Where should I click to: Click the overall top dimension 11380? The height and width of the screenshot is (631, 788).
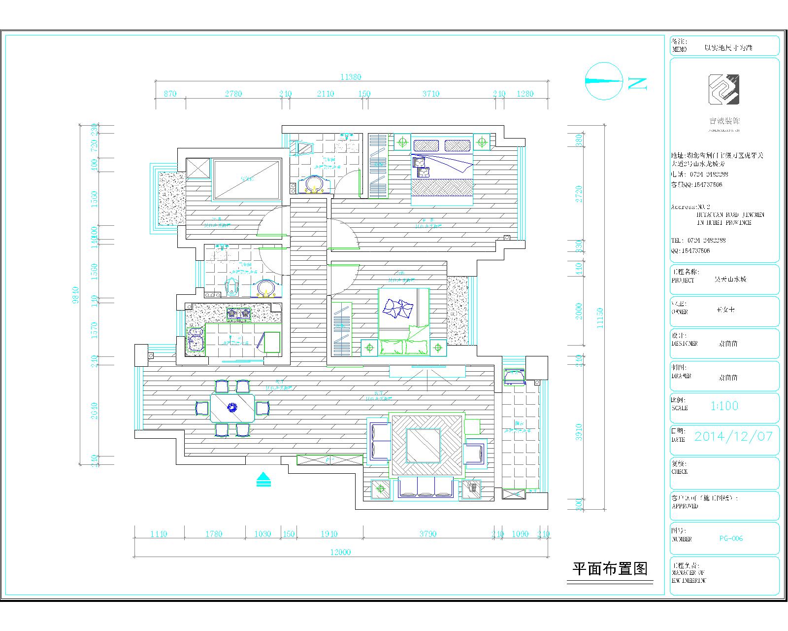point(351,77)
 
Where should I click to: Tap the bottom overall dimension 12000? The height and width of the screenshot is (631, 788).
point(340,552)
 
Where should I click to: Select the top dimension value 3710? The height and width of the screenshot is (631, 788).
point(431,94)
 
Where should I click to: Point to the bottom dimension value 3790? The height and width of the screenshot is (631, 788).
point(427,534)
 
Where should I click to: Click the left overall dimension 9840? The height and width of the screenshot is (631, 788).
point(75,295)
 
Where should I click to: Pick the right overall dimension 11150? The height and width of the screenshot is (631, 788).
point(599,318)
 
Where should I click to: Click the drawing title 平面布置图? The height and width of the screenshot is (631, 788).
point(609,569)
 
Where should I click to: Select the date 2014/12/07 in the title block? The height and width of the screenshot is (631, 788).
point(733,436)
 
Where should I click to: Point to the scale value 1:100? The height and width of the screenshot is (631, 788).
point(724,406)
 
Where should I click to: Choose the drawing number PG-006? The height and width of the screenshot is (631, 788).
point(731,538)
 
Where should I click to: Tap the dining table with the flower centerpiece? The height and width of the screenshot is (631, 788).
point(232,407)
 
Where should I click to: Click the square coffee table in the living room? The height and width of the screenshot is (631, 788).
point(423,446)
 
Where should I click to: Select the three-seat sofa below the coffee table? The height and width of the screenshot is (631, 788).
point(426,488)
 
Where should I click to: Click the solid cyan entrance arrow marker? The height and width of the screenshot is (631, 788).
point(264,479)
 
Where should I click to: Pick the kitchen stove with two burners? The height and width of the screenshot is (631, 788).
point(238,314)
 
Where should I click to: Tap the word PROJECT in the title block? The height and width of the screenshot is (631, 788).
point(683,280)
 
